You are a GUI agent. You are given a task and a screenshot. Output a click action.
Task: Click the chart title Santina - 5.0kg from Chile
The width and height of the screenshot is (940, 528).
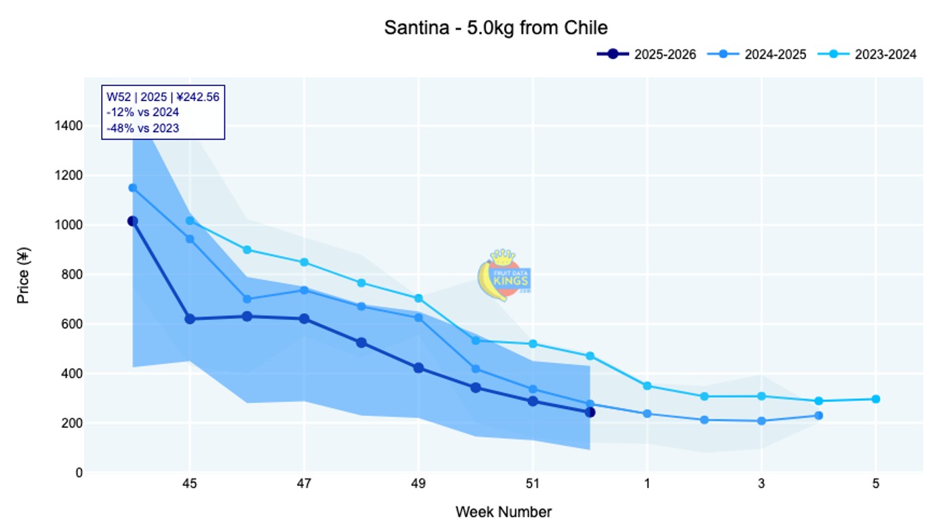[495, 28]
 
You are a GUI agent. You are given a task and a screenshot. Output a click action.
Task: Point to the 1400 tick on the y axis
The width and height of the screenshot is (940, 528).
[69, 126]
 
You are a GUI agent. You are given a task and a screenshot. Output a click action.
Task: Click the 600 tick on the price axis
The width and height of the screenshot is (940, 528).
[73, 324]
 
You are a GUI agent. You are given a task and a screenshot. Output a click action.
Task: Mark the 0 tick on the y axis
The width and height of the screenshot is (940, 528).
[79, 473]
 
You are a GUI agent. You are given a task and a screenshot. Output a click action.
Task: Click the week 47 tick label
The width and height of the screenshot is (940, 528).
[304, 485]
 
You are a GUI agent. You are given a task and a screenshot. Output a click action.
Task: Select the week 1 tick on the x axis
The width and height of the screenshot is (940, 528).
[647, 485]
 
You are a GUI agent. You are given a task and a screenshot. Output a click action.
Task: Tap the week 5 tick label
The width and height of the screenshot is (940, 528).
[875, 485]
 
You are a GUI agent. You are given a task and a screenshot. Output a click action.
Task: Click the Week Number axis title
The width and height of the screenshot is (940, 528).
[503, 512]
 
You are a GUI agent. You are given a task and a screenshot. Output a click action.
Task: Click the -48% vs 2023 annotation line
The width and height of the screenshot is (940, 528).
[143, 127]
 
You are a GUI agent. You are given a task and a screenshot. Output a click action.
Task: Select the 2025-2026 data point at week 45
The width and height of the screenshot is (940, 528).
[190, 319]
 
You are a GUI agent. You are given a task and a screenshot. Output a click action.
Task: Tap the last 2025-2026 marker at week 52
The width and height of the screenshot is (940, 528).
[590, 412]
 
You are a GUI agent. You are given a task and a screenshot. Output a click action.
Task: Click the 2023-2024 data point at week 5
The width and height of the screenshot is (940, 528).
[875, 399]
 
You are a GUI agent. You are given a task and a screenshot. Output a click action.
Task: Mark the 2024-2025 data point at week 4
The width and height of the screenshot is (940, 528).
[818, 416]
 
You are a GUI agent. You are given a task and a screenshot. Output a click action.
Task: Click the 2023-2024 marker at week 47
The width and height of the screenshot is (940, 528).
[304, 262]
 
